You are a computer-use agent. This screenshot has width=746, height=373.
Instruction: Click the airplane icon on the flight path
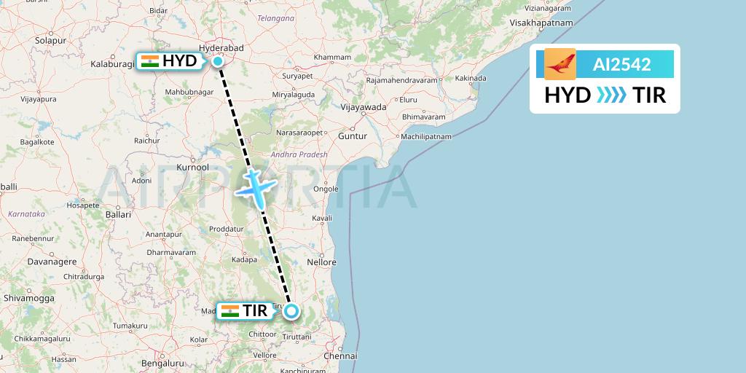coord(254,187)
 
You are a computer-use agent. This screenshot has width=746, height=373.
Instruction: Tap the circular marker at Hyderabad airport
coord(219,61)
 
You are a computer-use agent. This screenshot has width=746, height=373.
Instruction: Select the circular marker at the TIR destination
coord(291,312)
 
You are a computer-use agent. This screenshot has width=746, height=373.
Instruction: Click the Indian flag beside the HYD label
coord(150,61)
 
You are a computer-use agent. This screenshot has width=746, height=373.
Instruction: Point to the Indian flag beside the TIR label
coord(230,311)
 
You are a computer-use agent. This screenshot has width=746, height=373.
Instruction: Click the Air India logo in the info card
coord(560,64)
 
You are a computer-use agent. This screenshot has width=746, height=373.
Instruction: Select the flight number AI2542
coord(621,65)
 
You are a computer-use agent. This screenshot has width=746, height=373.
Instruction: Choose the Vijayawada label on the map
coord(364,107)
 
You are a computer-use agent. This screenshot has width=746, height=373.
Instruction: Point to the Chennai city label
coord(342,356)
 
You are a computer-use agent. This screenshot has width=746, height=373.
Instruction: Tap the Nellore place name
coord(322,262)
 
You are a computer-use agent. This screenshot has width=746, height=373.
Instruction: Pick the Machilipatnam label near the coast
coord(426,137)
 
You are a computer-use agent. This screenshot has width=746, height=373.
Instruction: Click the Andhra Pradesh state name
coord(299,154)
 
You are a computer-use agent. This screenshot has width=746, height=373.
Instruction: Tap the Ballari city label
coord(118,215)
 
